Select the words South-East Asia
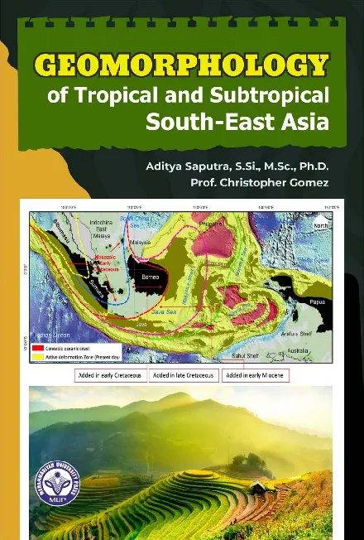click(237, 123)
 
